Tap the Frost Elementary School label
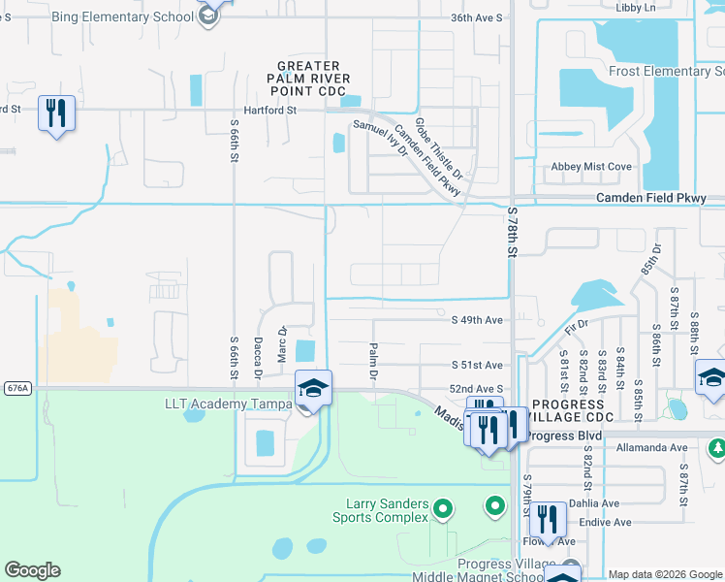(x=666, y=71)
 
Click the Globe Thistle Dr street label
(x=441, y=152)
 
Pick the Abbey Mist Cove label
(x=591, y=167)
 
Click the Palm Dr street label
(x=372, y=359)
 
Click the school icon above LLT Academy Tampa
(x=313, y=388)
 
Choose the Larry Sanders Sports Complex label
(x=388, y=510)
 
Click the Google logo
(x=32, y=570)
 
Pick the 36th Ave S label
(x=477, y=17)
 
